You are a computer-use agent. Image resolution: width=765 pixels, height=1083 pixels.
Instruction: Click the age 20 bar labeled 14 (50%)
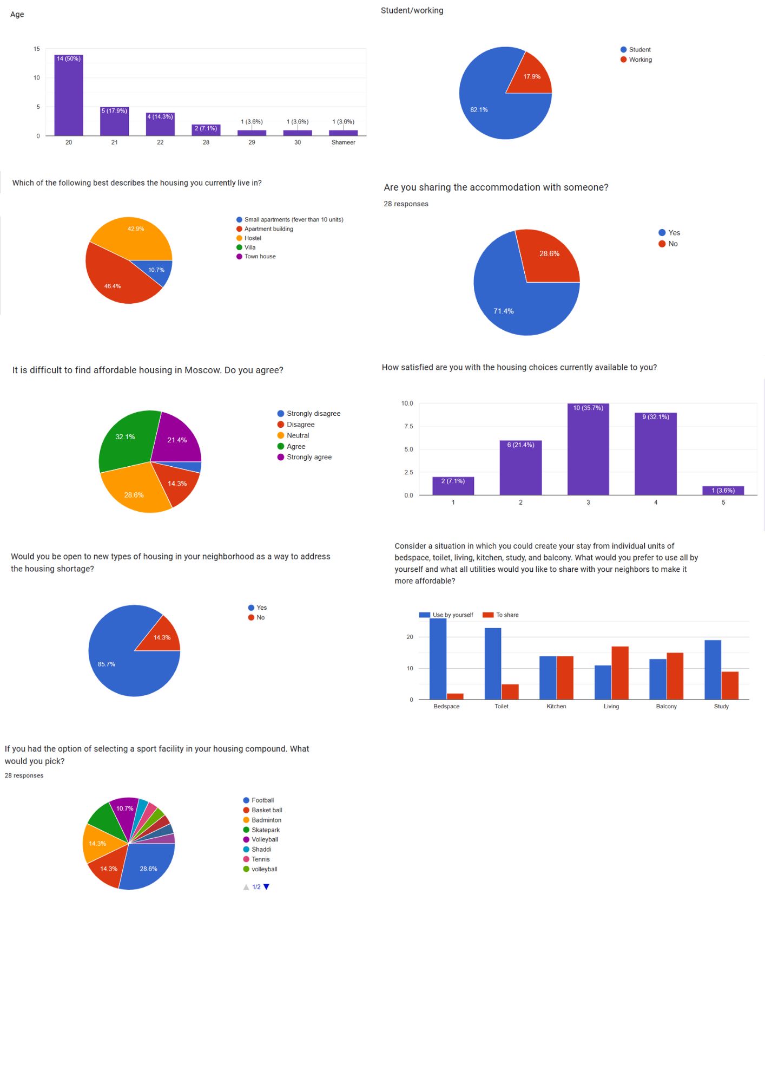pos(69,95)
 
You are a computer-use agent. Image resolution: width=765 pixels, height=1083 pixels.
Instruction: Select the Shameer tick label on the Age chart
pos(343,142)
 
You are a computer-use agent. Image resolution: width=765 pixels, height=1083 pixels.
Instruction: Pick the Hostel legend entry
pos(253,238)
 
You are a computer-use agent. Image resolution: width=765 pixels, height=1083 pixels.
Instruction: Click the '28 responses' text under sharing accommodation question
pos(406,204)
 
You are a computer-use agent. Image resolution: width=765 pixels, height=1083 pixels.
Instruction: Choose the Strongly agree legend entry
pos(309,457)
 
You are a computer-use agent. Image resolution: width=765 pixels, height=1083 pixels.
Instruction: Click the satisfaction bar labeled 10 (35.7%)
pos(588,449)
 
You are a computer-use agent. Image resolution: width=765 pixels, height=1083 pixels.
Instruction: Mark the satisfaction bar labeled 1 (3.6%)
pos(723,491)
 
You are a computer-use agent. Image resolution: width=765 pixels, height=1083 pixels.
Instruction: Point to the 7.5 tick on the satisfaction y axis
pos(408,427)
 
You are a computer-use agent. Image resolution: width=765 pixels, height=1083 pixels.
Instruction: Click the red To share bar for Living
pos(620,673)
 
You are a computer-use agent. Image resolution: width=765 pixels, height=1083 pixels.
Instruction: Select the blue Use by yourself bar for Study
pos(713,669)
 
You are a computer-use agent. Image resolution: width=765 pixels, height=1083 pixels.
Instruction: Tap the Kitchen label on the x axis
pos(556,707)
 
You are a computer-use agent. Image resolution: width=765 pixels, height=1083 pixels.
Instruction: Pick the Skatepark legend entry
pos(265,830)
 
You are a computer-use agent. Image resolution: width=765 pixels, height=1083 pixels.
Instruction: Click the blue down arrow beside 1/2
pos(266,887)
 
